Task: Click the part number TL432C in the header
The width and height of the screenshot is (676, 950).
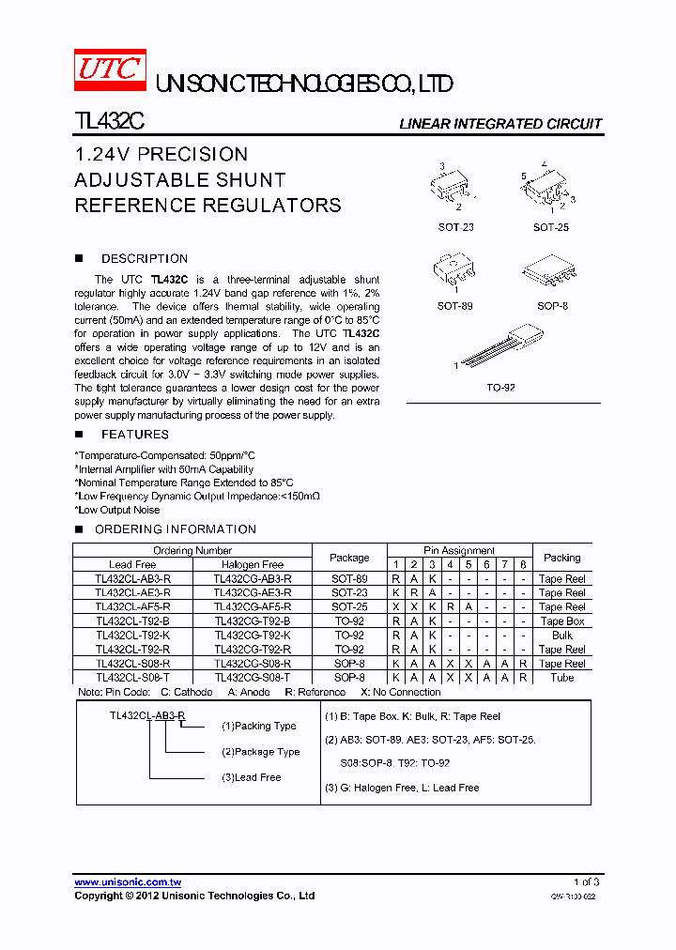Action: (x=108, y=123)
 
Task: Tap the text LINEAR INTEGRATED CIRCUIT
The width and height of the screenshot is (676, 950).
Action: (x=500, y=124)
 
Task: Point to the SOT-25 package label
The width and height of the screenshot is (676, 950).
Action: (x=551, y=227)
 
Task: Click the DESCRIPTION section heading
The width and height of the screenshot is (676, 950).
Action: (x=145, y=259)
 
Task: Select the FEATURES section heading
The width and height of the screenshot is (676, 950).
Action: (x=135, y=435)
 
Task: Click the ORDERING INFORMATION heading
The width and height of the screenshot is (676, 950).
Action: (x=176, y=529)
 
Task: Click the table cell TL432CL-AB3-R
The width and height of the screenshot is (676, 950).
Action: (x=132, y=579)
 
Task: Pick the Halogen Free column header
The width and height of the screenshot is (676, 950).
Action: (x=252, y=564)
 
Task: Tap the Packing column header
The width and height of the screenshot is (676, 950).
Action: (x=561, y=558)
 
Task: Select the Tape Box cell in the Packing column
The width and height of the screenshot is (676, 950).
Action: (x=561, y=621)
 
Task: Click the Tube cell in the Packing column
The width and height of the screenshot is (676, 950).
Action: (x=561, y=678)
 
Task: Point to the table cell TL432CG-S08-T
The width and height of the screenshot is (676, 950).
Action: (x=252, y=678)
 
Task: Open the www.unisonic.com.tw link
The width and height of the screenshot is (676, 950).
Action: (x=128, y=882)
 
